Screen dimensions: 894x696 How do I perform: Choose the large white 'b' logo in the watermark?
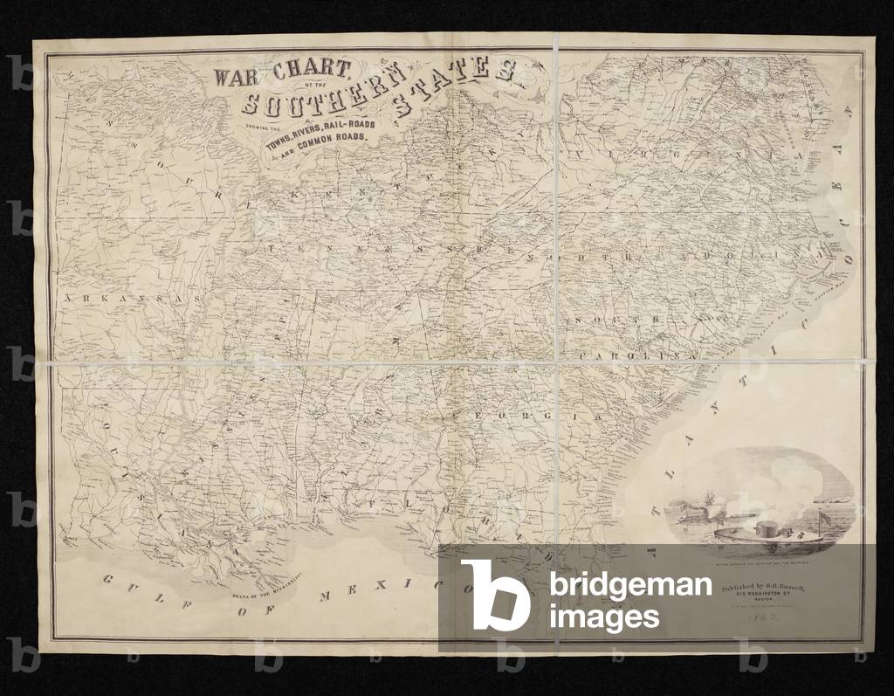[495, 595]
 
